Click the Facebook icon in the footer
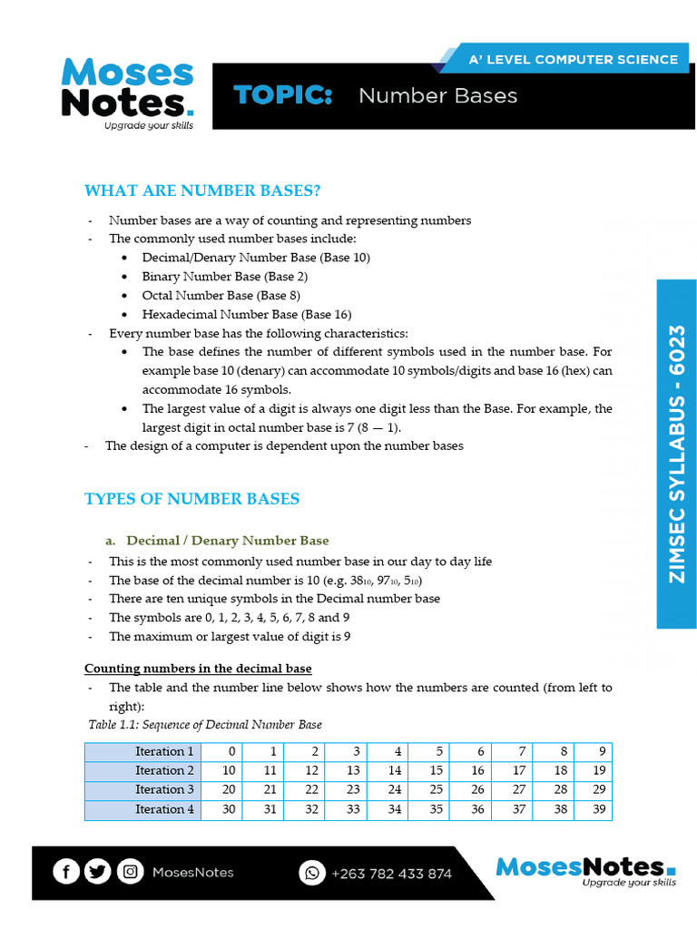coord(66,872)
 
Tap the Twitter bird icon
coord(98,872)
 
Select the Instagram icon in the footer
coord(131,872)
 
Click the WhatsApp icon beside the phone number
coord(312,873)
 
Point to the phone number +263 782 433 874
coord(391,874)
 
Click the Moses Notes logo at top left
coord(127,94)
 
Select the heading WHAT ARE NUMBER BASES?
coord(202,191)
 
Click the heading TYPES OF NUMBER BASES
coord(191,499)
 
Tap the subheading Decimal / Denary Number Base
coord(227,541)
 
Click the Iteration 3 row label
coord(164,789)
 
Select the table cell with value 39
coord(597,809)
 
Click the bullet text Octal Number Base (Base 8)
coord(221,296)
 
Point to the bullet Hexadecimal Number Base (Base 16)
coord(246,315)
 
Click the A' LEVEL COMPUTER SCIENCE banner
coord(572,60)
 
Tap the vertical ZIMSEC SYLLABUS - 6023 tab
coord(676,454)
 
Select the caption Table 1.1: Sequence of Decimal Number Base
coord(205,725)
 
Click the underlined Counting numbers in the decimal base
coord(198,669)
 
